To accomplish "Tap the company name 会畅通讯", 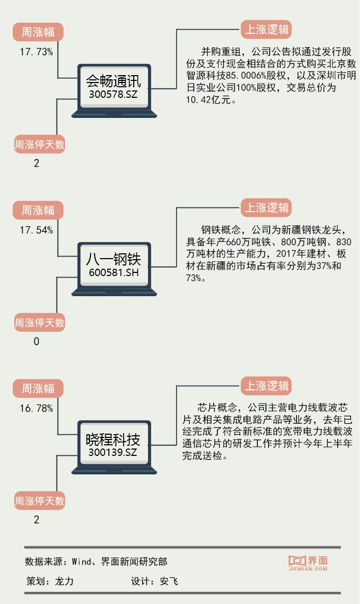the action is pos(113,81).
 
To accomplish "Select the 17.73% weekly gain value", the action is pos(36,52).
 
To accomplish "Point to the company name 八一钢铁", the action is pos(113,260).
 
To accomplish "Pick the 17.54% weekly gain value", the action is pos(36,230).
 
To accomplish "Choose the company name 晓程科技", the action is pos(113,440).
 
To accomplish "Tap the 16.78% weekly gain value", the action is pos(36,408).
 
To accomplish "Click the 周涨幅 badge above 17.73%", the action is pos(38,32).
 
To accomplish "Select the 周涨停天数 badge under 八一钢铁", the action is pos(40,322).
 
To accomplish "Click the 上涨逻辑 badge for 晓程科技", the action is pos(266,386).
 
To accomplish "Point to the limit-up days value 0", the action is pos(36,342).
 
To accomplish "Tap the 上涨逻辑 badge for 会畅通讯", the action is pos(266,30).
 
